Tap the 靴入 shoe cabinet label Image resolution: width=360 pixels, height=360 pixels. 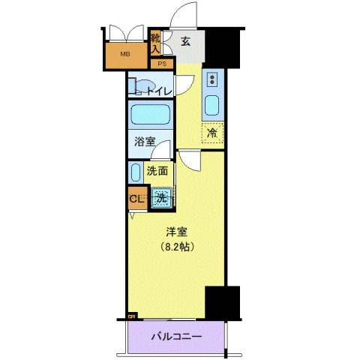coord(155,42)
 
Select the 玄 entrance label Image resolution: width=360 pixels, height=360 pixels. coord(184,41)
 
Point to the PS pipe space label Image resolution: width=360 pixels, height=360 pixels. coord(160,64)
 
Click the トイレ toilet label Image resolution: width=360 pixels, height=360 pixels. coord(158,91)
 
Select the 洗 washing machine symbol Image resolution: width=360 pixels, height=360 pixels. coord(160,199)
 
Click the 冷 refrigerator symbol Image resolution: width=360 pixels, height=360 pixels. coord(212,133)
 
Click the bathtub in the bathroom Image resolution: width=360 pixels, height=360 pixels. coord(149,115)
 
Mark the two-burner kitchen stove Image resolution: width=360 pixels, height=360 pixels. coord(212,79)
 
